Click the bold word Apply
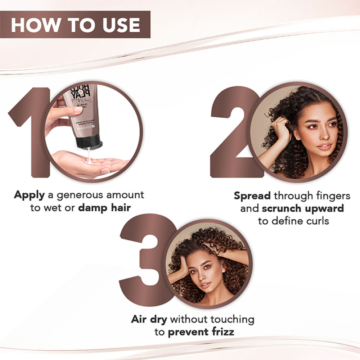[x=29, y=195]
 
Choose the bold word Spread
[x=252, y=196]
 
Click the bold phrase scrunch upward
[x=303, y=208]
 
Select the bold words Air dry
[x=149, y=319]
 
